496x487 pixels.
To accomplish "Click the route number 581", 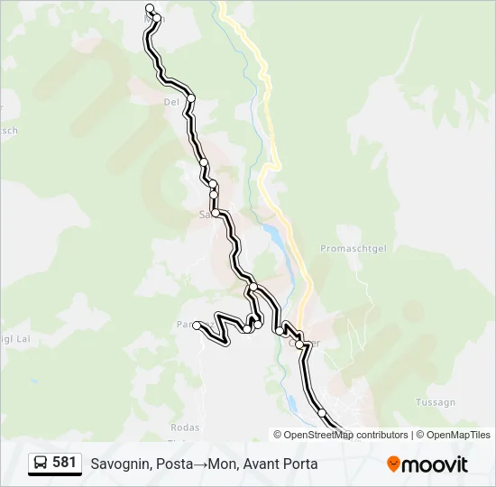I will [64, 463].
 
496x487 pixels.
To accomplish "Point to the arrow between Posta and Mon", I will [198, 464].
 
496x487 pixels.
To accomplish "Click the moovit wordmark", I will [435, 464].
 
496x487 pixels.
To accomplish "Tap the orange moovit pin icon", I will [393, 464].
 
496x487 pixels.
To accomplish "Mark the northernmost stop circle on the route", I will [150, 9].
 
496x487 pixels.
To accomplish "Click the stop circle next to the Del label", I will [191, 98].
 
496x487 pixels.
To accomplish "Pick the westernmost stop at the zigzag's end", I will [197, 326].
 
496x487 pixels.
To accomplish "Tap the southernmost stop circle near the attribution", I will [322, 413].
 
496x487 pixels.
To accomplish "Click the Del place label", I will [171, 102].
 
